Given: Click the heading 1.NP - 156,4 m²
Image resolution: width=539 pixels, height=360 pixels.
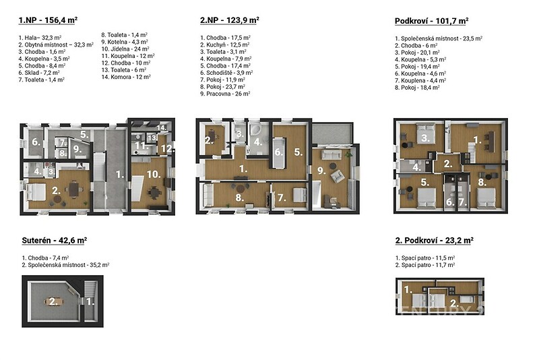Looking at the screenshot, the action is click(48, 20).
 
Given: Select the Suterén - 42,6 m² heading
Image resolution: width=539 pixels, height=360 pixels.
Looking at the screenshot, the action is click(55, 241).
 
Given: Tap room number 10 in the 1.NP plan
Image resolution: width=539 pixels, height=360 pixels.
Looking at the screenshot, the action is click(154, 175).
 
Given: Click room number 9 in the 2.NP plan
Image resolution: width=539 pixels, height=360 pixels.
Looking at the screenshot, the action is click(321, 171).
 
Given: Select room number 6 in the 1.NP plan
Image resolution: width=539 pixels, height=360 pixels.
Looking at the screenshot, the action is click(36, 142).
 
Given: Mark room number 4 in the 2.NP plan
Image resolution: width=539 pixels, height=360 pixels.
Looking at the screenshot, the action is click(258, 142).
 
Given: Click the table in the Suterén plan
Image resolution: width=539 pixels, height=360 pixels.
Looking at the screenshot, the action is click(55, 302).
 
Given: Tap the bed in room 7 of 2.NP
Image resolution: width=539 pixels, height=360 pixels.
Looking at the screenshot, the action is click(299, 195).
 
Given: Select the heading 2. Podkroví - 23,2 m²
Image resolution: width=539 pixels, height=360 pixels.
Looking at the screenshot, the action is click(435, 241).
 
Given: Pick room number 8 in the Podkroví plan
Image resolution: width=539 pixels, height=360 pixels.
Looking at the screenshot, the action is click(482, 182).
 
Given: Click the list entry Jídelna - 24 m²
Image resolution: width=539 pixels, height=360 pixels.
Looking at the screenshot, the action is click(125, 49).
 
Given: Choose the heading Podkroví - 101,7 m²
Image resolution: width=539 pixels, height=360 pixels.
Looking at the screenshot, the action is click(432, 21).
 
